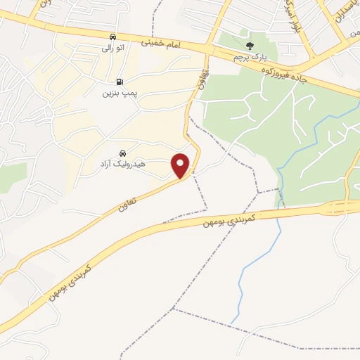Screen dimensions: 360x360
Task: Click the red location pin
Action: point(181,165)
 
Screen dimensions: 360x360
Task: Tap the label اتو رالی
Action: point(112,48)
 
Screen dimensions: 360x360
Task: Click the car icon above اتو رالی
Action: point(112,37)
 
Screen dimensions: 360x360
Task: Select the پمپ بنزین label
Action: point(118,92)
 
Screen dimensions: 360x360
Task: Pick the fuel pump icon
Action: point(118,81)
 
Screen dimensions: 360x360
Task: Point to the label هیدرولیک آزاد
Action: point(122,164)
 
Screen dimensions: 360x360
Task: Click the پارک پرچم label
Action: point(251,56)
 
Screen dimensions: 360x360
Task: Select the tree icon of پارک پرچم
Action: point(251,44)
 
